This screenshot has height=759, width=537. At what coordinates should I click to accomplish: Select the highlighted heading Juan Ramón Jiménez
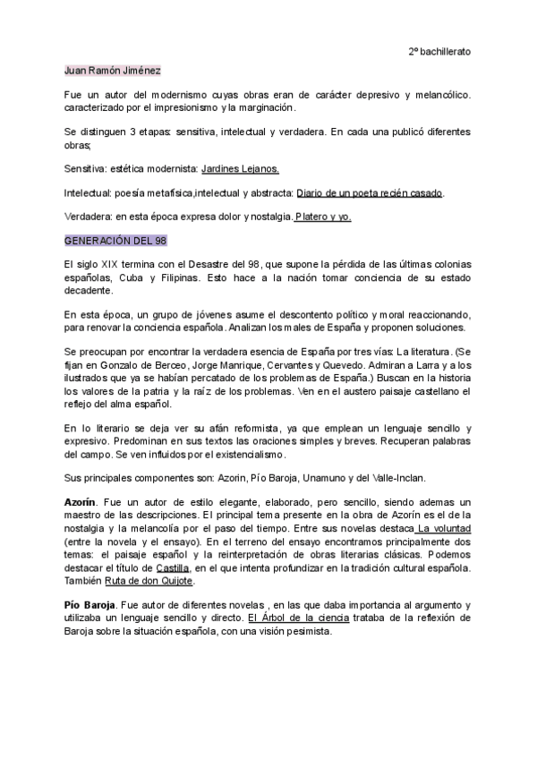(113, 71)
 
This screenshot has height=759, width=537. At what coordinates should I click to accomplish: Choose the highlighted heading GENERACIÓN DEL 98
(115, 242)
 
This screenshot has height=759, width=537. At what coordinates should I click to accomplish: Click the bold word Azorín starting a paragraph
(82, 503)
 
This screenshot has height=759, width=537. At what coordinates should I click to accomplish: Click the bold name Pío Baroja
(90, 605)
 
